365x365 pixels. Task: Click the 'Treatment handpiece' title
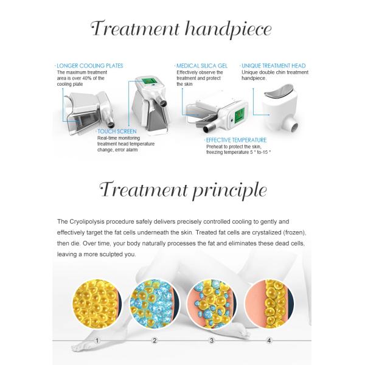181,30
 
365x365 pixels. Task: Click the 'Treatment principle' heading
183,190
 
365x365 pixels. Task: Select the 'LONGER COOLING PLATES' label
90,66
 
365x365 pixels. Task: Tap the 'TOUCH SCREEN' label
117,131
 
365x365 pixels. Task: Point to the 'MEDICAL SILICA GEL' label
202,66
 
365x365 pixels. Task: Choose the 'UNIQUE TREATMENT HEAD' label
274,66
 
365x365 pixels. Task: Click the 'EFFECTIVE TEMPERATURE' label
236,140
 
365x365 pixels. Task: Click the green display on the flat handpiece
239,115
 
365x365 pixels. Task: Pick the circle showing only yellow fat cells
97,304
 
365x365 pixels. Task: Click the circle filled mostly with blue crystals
155,304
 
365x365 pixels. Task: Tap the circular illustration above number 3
212,304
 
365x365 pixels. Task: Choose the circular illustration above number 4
269,304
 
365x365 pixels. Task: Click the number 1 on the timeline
97,341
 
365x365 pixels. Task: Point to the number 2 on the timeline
155,341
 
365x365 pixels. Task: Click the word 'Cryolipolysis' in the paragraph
86,221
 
